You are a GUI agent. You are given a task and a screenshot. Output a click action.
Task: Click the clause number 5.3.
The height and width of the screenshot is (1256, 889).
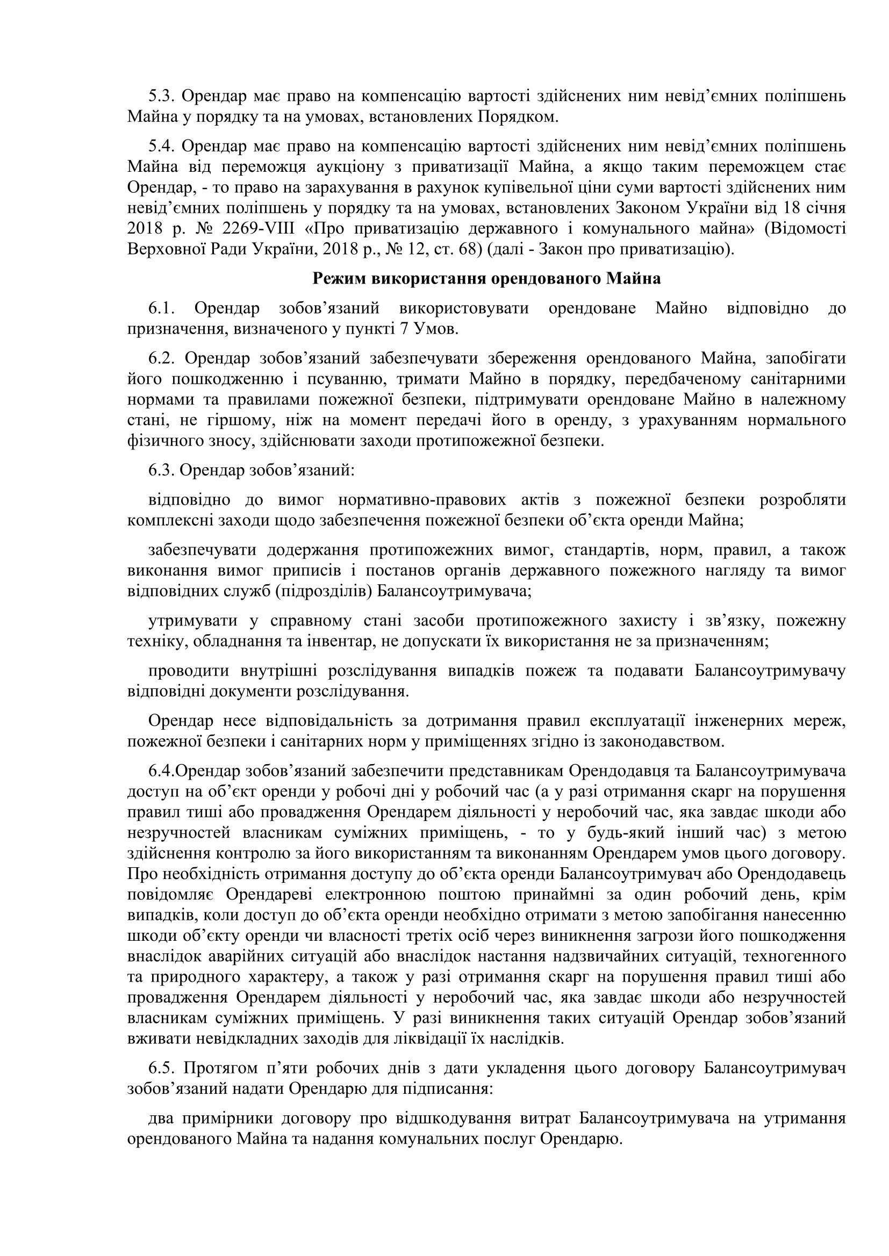(x=159, y=96)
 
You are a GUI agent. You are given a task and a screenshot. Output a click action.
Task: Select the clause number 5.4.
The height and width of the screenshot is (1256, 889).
(x=159, y=147)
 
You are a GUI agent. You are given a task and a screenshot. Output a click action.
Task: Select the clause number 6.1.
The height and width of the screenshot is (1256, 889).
(x=161, y=309)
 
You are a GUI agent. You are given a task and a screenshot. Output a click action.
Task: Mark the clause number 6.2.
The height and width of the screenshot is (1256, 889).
(x=161, y=359)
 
